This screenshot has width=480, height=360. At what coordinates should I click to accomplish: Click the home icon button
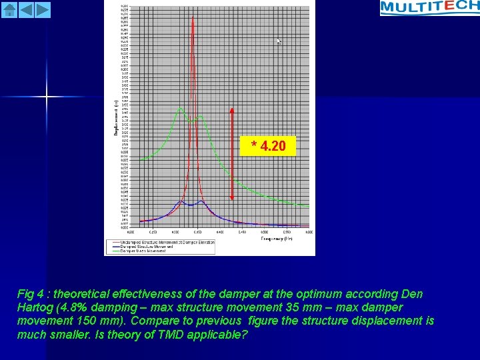click(9, 9)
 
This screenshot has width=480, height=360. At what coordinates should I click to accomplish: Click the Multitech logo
click(429, 7)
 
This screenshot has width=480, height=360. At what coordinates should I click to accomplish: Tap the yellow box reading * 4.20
click(268, 146)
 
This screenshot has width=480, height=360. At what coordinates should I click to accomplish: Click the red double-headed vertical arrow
click(232, 154)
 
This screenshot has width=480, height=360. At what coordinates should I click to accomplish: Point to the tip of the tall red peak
click(193, 17)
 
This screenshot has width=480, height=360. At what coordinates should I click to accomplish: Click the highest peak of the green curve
click(179, 109)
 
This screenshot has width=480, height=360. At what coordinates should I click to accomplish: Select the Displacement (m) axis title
click(116, 117)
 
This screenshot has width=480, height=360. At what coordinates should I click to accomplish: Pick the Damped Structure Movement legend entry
click(150, 247)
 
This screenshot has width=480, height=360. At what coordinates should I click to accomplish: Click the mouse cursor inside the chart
click(279, 41)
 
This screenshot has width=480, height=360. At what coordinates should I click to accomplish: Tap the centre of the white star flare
click(47, 97)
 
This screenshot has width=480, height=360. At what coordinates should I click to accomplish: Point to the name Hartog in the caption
click(35, 307)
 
